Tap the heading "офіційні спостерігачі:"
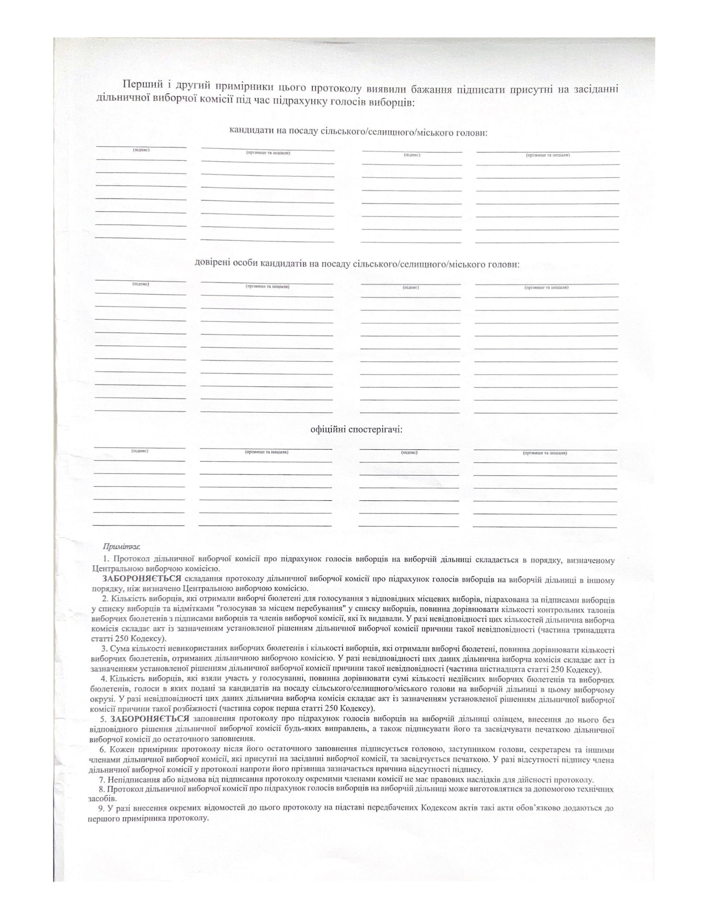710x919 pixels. (x=356, y=429)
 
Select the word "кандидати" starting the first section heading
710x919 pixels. (x=250, y=132)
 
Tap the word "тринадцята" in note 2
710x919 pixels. (x=594, y=630)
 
